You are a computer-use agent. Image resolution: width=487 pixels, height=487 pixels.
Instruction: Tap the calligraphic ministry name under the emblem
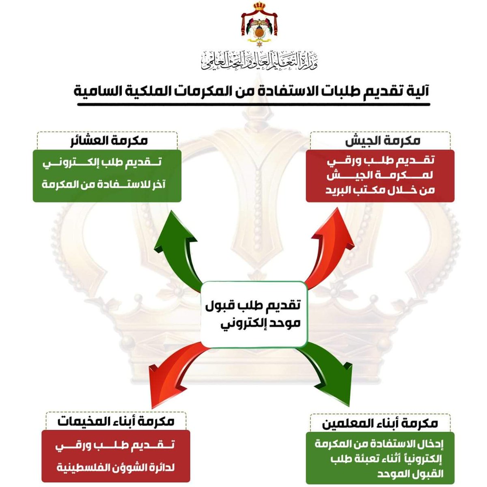click(259, 60)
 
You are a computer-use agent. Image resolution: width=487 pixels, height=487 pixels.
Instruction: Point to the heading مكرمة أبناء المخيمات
click(116, 421)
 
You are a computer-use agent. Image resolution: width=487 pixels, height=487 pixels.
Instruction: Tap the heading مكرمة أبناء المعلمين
click(380, 423)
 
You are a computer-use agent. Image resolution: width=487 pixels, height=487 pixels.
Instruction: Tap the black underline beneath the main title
click(254, 104)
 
